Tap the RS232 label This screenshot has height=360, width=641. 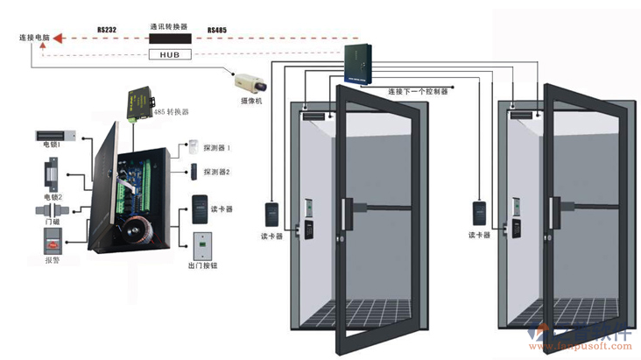[x=107, y=29]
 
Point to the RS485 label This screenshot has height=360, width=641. [x=217, y=30]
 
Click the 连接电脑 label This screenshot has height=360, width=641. [x=32, y=39]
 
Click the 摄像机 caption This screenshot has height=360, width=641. [x=251, y=101]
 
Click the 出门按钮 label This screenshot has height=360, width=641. [x=202, y=265]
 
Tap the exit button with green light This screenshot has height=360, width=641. [x=199, y=243]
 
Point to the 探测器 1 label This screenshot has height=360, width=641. [x=216, y=148]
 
